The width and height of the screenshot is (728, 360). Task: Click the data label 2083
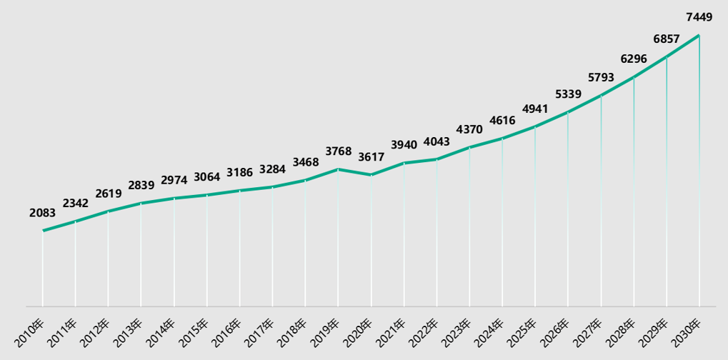click(43, 212)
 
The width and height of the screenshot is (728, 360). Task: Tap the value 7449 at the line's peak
click(698, 17)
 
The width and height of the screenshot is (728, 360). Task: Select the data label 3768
click(338, 151)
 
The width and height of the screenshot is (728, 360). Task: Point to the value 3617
click(371, 156)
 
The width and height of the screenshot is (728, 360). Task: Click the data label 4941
click(535, 109)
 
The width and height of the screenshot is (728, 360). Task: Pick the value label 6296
click(634, 59)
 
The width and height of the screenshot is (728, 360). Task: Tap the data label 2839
click(141, 185)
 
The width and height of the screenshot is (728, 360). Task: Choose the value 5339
click(568, 94)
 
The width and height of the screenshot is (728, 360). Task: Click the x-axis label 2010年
click(34, 330)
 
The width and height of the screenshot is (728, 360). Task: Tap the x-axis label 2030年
click(689, 330)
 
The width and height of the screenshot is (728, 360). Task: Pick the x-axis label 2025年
click(525, 330)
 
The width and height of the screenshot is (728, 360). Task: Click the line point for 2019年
click(338, 169)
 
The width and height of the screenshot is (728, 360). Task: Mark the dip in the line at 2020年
click(371, 175)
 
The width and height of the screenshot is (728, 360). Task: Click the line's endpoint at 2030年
click(699, 36)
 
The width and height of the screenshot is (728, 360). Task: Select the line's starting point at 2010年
click(43, 231)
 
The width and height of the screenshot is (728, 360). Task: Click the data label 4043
click(437, 141)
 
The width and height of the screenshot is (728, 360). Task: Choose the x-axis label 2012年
click(99, 330)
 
